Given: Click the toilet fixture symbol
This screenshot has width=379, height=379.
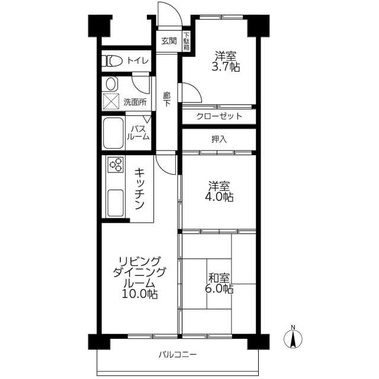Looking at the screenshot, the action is [112, 61].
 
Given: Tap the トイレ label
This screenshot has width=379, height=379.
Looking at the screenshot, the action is [138, 60].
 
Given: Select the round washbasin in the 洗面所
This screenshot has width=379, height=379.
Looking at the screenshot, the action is [111, 84].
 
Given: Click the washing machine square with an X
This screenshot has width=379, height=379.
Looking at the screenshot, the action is [111, 101].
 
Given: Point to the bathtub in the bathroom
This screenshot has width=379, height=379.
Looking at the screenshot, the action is [113, 133].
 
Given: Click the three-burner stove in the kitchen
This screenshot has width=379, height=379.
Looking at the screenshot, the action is [115, 165].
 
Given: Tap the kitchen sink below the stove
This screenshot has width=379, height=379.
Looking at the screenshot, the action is [115, 203].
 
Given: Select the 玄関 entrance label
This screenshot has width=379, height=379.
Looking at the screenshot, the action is [169, 41].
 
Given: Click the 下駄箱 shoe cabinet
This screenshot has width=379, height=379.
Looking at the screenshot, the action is [186, 41].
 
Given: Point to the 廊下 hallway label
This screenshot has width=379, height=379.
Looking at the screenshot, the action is [166, 99].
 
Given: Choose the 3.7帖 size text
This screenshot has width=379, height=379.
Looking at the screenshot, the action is [226, 67].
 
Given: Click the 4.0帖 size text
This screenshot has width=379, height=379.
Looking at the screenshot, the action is [219, 197].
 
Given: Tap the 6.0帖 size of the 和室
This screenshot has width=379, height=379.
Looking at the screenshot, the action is [219, 288].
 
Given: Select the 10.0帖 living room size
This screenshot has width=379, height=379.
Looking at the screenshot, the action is [140, 294].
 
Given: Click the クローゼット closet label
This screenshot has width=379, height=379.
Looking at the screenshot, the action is [219, 116].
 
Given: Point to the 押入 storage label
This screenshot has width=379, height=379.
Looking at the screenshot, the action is [219, 139].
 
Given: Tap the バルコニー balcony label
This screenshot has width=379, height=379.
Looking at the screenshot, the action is [178, 355].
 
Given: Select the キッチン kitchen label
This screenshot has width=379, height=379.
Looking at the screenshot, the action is [140, 188].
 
